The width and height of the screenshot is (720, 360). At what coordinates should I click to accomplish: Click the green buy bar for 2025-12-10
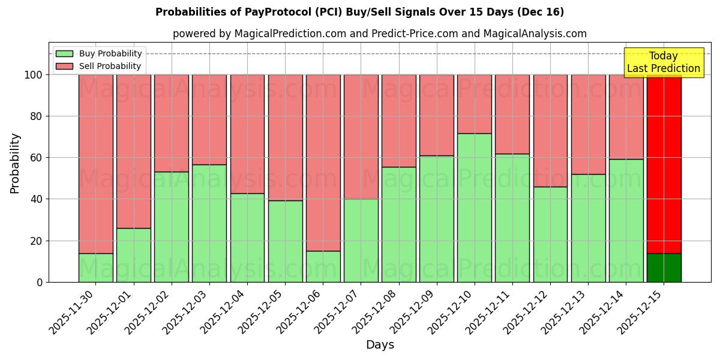tap(475, 208)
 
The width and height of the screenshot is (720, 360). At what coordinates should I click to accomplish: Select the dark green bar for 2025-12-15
tap(664, 268)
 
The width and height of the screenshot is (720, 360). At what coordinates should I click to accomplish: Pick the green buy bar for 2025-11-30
tap(96, 268)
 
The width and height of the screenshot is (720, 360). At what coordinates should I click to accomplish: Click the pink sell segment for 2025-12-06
tap(323, 163)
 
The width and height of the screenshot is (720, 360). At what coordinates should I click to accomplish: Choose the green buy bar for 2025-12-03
tap(209, 223)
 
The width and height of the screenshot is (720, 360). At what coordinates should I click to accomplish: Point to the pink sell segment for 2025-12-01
tap(134, 151)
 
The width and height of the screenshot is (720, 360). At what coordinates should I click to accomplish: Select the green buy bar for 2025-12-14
tap(626, 220)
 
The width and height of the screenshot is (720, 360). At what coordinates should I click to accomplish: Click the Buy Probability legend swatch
tap(64, 54)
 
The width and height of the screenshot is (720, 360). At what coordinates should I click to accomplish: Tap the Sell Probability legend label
tap(110, 67)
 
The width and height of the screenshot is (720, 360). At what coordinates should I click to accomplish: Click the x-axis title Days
tap(380, 345)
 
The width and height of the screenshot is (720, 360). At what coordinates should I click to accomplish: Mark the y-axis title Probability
tap(15, 163)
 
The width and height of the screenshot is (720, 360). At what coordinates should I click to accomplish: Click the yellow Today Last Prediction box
tap(663, 62)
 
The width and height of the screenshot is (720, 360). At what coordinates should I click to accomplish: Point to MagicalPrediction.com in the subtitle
tap(290, 34)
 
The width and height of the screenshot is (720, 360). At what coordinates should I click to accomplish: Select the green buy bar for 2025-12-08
tap(398, 224)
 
